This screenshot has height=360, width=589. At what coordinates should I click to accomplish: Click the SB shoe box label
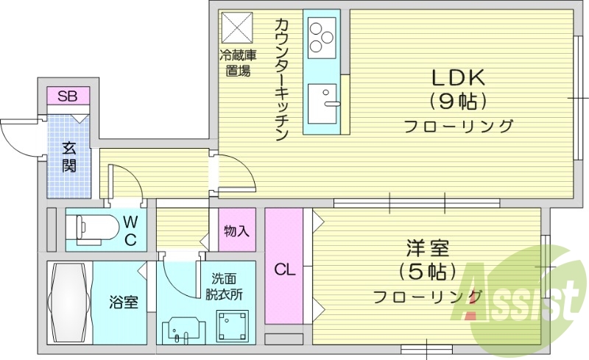click(68, 96)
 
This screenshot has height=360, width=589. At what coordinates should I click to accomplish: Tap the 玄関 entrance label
click(68, 156)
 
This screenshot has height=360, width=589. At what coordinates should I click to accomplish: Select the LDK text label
click(456, 77)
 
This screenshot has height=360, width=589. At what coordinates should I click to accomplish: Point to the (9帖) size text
click(457, 101)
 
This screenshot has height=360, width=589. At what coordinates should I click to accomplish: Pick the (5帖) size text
click(426, 272)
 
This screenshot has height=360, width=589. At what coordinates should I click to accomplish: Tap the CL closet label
click(285, 270)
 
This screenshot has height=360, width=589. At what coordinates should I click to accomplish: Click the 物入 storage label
click(236, 230)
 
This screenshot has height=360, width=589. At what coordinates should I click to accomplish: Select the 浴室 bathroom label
click(124, 302)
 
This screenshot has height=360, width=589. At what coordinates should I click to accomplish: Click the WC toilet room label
click(130, 230)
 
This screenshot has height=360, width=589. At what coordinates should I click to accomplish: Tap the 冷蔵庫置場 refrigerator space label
click(236, 63)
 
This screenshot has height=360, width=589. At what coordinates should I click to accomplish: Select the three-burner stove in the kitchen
click(322, 37)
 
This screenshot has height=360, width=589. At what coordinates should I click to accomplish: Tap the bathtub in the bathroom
click(71, 303)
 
